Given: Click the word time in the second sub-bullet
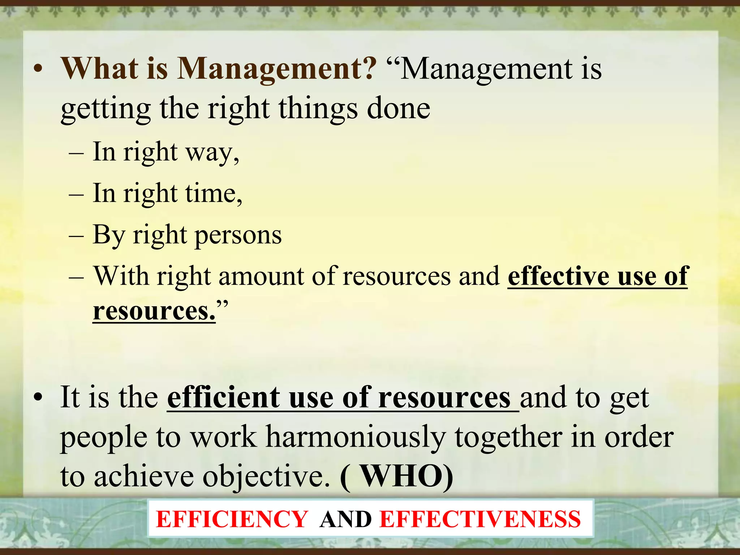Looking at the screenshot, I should [213, 194].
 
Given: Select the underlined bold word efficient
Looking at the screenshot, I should [223, 397].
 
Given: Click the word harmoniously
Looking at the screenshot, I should [356, 437].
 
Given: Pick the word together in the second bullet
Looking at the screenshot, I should [508, 437].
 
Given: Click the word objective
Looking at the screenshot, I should [266, 476].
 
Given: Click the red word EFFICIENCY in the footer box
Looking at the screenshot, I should [232, 520].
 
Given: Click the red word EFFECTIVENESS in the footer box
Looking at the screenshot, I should [480, 520].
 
